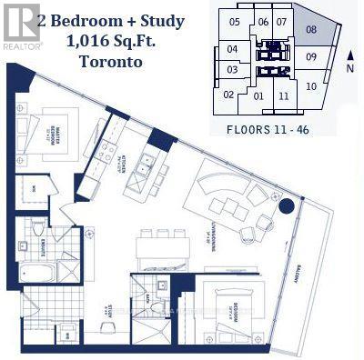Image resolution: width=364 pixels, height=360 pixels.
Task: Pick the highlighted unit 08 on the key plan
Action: point(311,30)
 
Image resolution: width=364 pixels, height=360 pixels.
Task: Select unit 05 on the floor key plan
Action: point(235,22)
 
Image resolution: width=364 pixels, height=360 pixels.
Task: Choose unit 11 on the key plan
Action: point(284,95)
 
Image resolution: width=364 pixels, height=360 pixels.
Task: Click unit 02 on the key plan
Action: point(228,94)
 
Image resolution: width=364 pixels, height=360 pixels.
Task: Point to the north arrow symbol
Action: point(350,56)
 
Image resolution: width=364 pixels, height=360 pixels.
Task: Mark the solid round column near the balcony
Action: point(286,205)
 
